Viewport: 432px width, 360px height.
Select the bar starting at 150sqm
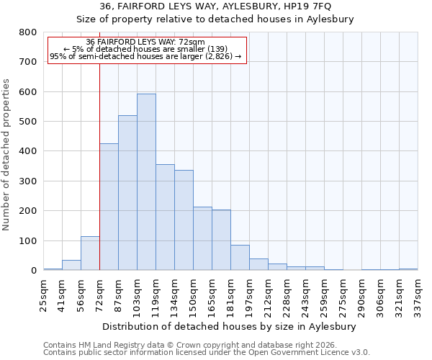click(202, 238)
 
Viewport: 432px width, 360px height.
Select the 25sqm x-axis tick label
click(43, 294)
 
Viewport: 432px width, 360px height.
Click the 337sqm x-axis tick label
click(418, 294)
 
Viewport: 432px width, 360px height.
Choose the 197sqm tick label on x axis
click(249, 294)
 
